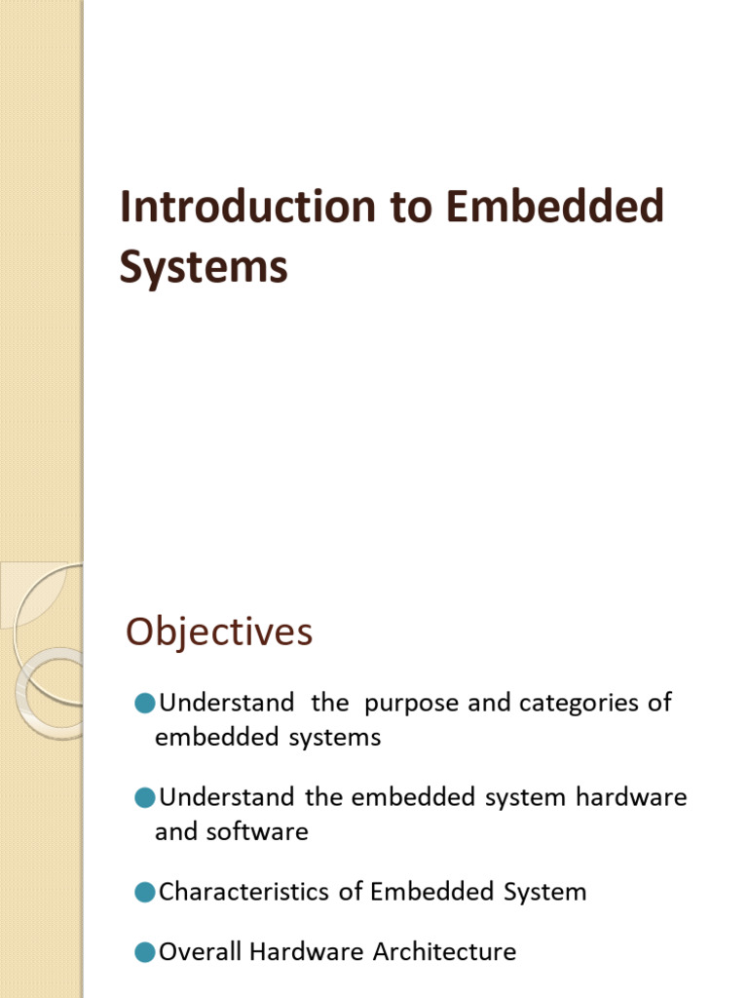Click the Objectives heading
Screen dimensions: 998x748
pyautogui.click(x=219, y=633)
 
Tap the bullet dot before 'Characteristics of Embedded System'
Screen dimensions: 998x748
pyautogui.click(x=145, y=891)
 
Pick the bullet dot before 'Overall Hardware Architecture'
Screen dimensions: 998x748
pyautogui.click(x=145, y=951)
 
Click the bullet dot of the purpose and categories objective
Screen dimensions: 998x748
pyautogui.click(x=145, y=702)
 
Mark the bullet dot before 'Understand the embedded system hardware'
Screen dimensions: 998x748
pyautogui.click(x=145, y=797)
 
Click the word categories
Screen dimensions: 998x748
pyautogui.click(x=574, y=703)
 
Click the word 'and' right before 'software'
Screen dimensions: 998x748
pyautogui.click(x=175, y=831)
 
